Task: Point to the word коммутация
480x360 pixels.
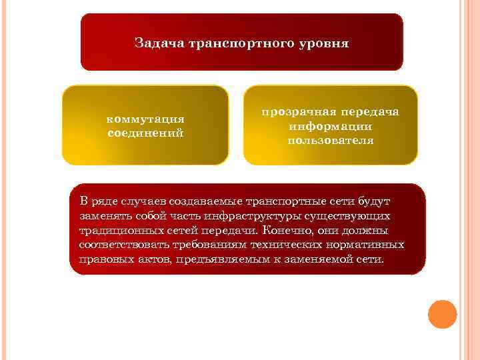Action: coord(145,119)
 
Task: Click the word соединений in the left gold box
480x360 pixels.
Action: coord(145,133)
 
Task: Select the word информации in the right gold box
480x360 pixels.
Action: coord(331,126)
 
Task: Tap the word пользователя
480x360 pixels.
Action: coord(331,141)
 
